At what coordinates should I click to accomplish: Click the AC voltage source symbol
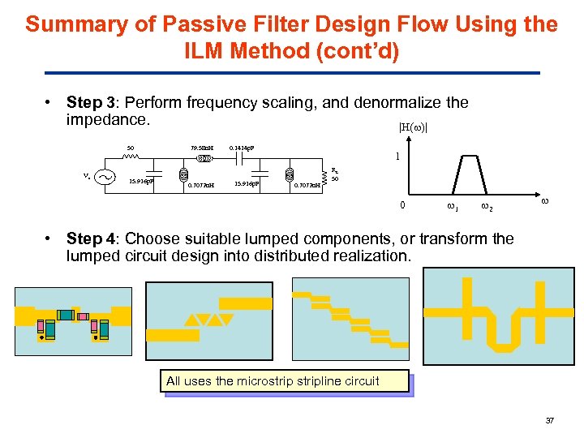104,178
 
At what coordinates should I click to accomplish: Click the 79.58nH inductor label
201,148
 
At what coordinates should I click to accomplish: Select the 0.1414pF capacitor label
242,148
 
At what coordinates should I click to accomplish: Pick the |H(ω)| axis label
412,127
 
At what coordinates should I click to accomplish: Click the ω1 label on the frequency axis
453,208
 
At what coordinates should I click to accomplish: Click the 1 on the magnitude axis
396,157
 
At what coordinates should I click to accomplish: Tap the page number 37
549,421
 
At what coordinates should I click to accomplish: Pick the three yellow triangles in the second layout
204,320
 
